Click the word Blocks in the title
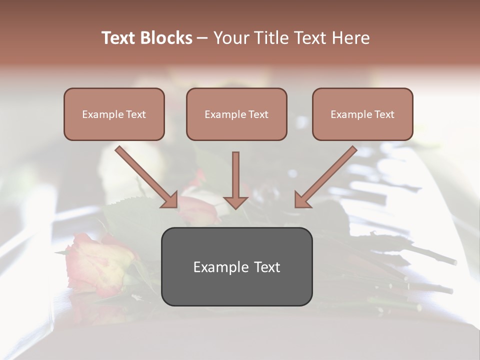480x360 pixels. (166, 38)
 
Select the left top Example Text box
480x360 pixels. (114, 114)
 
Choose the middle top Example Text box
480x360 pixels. (236, 114)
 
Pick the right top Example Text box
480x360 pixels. (362, 114)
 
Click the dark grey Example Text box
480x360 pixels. (236, 266)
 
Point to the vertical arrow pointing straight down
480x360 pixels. (235, 175)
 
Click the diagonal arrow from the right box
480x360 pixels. (330, 172)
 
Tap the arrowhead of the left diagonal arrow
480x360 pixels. (170, 200)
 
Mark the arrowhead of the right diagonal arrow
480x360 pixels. (302, 200)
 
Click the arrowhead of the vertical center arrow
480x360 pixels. (235, 201)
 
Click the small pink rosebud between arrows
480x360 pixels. (197, 210)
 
